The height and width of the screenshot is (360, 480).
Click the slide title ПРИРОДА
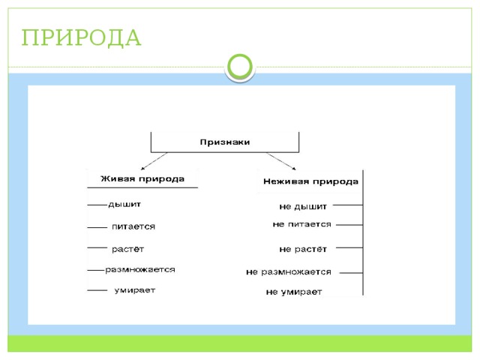click(81, 38)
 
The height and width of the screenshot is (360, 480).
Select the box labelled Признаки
click(225, 142)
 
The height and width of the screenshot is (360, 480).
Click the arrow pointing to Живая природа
click(154, 161)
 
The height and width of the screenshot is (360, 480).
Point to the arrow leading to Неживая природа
click(281, 161)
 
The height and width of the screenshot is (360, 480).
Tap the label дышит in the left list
click(124, 205)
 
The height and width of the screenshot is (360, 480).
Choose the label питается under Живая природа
click(133, 226)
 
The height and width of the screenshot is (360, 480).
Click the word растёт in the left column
click(127, 249)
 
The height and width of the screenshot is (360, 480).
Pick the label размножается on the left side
click(140, 270)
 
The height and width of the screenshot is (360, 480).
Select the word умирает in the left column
click(135, 290)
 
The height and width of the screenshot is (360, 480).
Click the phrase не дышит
click(303, 207)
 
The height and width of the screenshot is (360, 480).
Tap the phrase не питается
click(301, 224)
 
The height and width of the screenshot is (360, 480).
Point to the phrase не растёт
click(303, 249)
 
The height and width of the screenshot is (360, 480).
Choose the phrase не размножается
click(289, 271)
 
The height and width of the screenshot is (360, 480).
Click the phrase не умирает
click(294, 292)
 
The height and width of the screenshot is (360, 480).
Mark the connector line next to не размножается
click(351, 272)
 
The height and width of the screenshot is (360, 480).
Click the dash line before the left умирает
click(97, 290)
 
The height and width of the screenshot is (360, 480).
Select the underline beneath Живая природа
click(142, 187)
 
